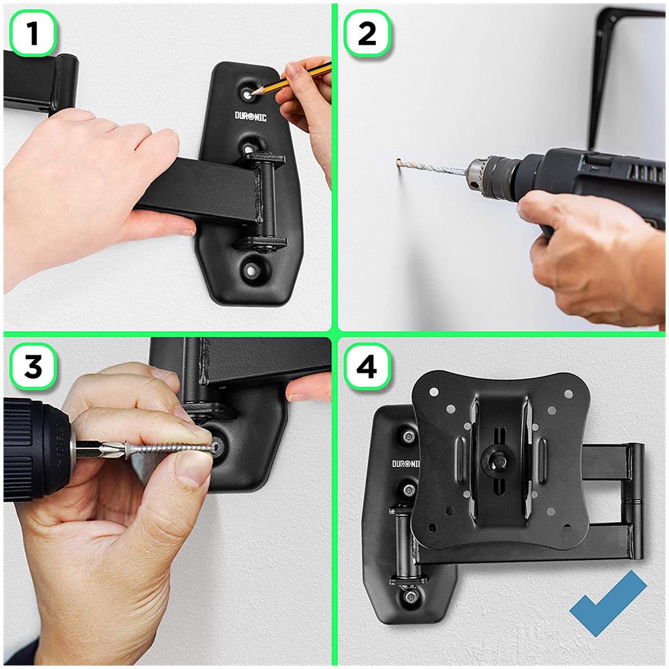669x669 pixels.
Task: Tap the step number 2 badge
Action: [x=367, y=33]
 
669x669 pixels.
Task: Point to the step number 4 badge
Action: [x=367, y=367]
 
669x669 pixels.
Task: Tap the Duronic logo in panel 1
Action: [x=250, y=116]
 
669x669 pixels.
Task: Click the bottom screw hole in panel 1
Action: [x=252, y=270]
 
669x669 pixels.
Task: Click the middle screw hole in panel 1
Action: [x=249, y=148]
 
